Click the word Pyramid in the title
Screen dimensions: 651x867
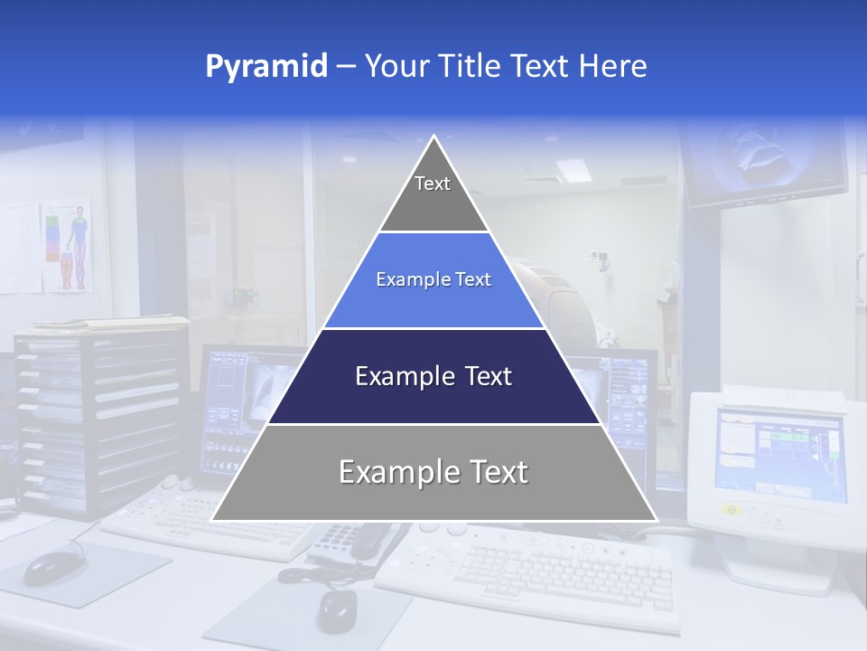coord(266,67)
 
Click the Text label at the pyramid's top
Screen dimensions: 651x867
coord(433,184)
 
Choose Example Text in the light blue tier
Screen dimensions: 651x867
coord(433,279)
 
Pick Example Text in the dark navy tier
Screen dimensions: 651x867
coord(433,376)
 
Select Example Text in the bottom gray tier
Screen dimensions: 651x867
coord(433,472)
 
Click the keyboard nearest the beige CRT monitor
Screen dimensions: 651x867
coord(542,570)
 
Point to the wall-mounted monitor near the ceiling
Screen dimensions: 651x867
coord(766,163)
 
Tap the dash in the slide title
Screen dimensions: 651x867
coord(346,67)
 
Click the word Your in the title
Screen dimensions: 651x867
coord(394,67)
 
